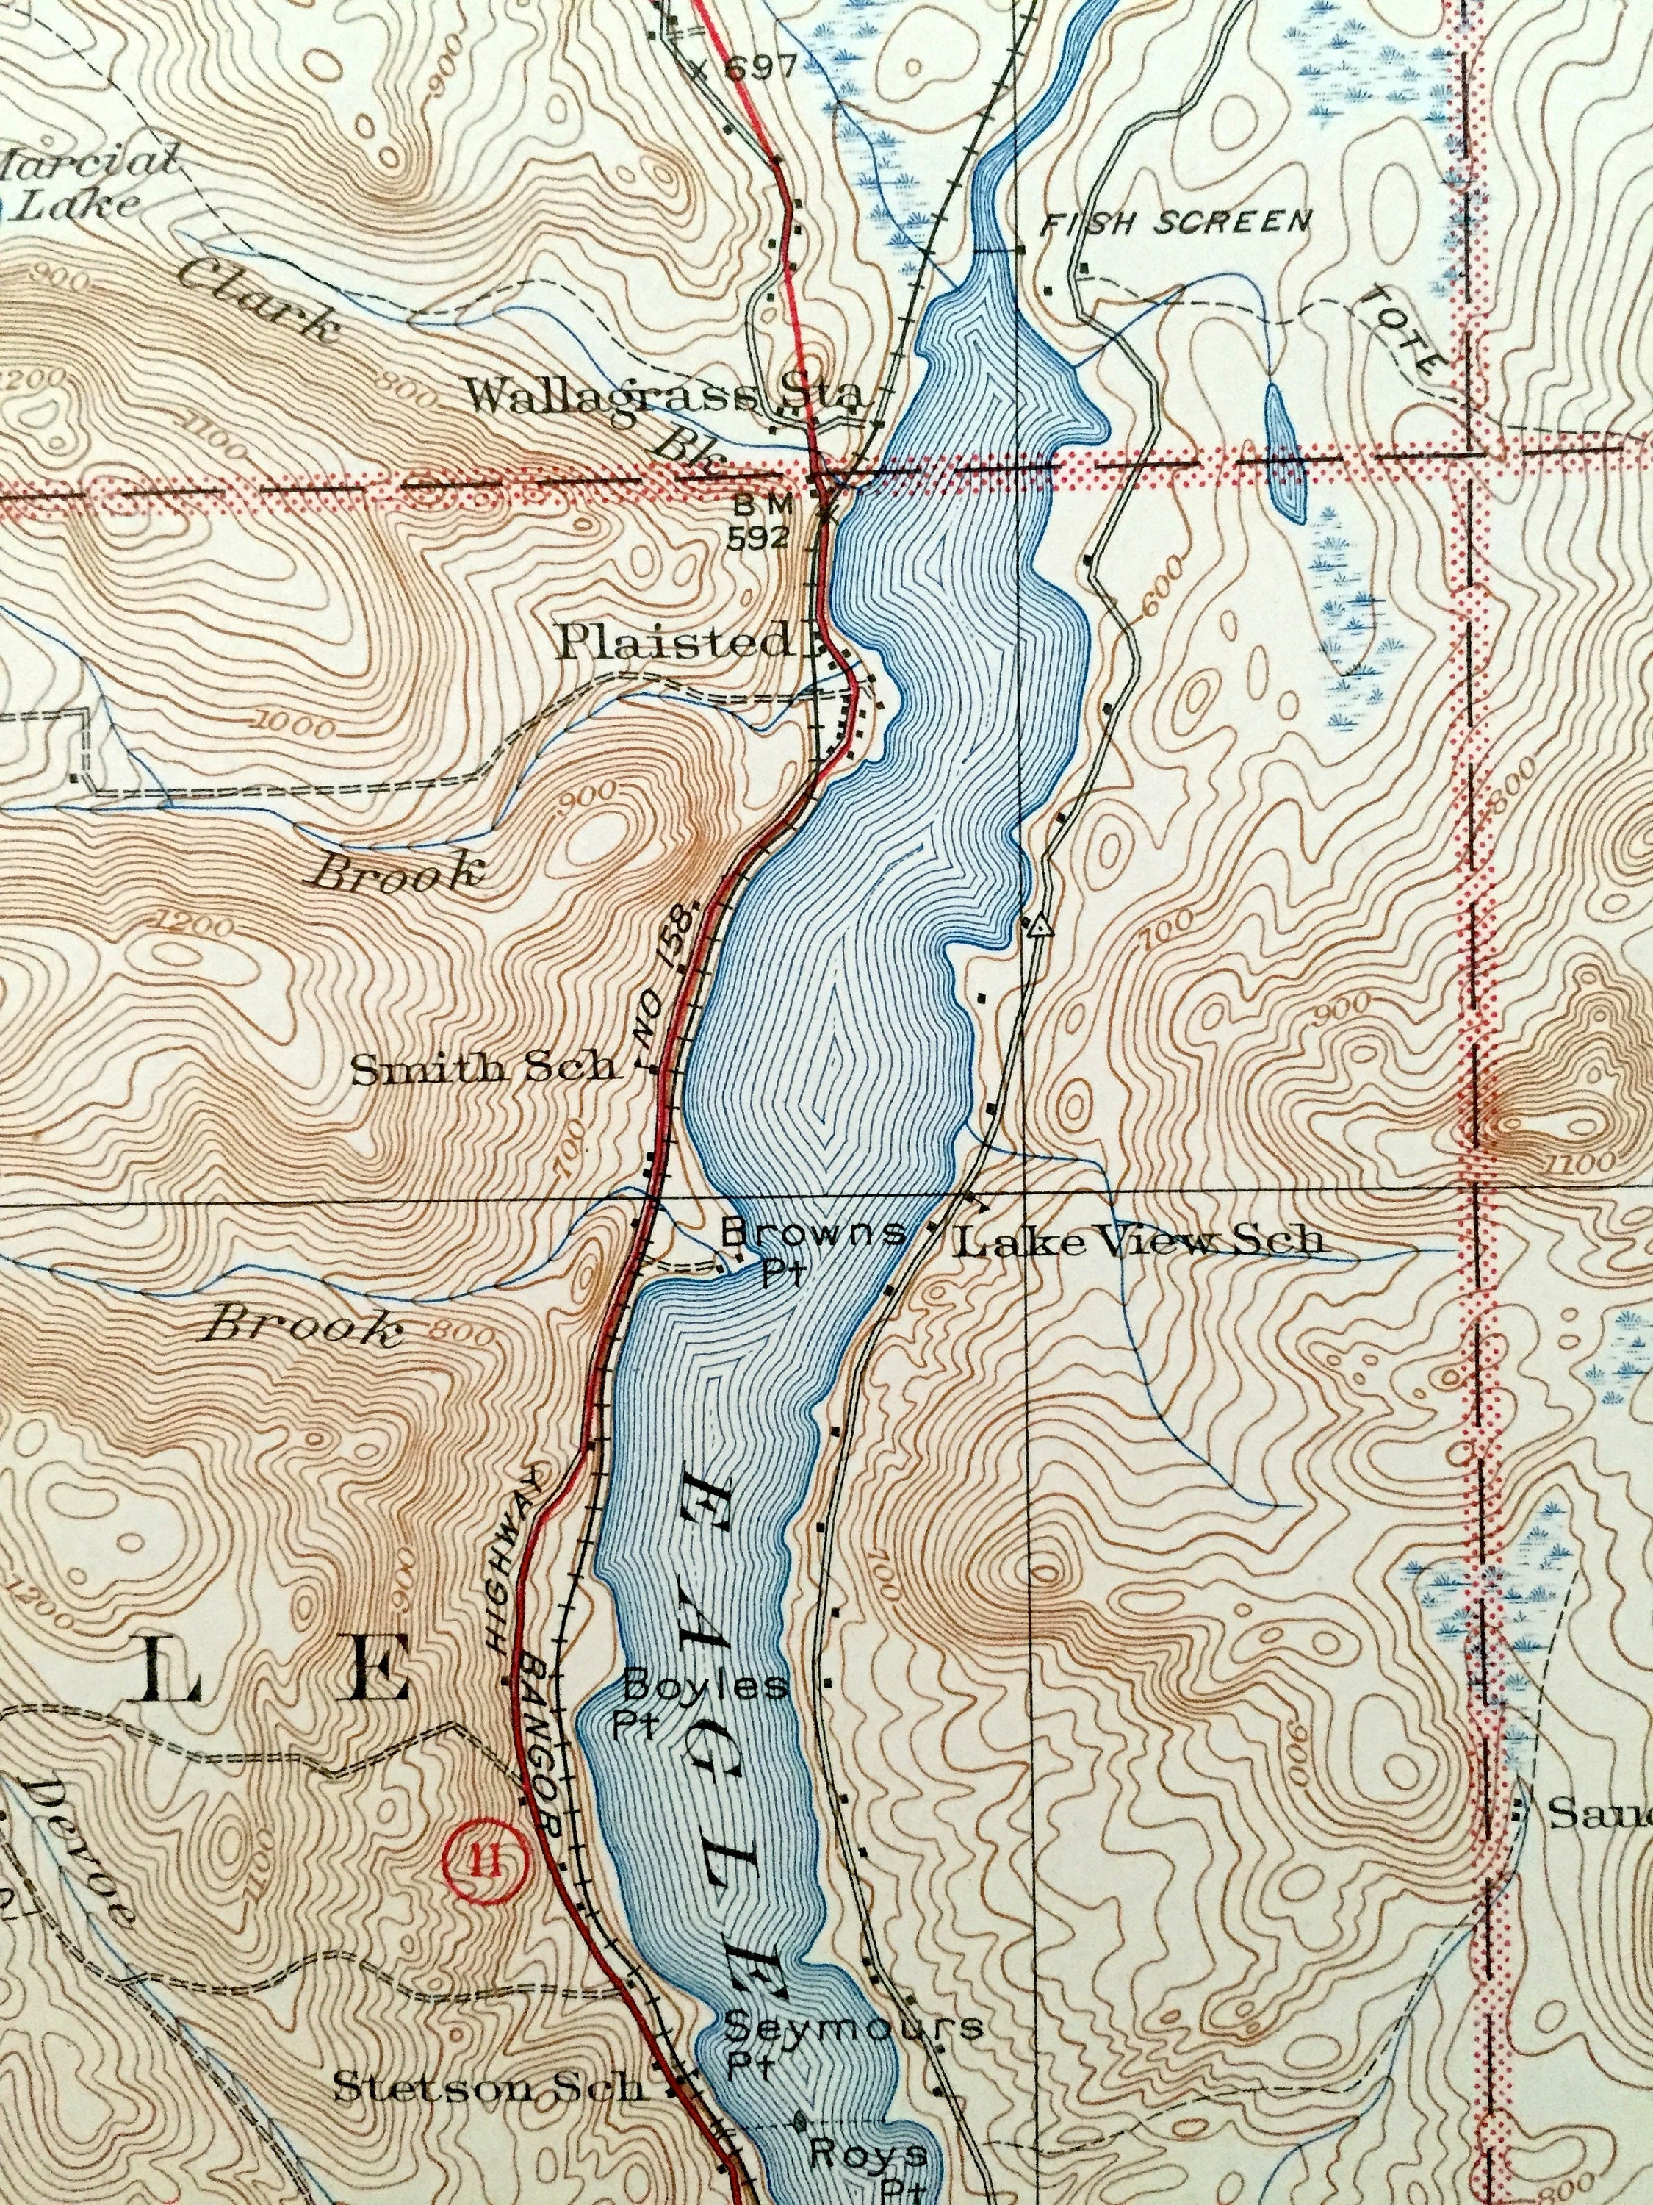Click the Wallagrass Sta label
(x=663, y=397)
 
